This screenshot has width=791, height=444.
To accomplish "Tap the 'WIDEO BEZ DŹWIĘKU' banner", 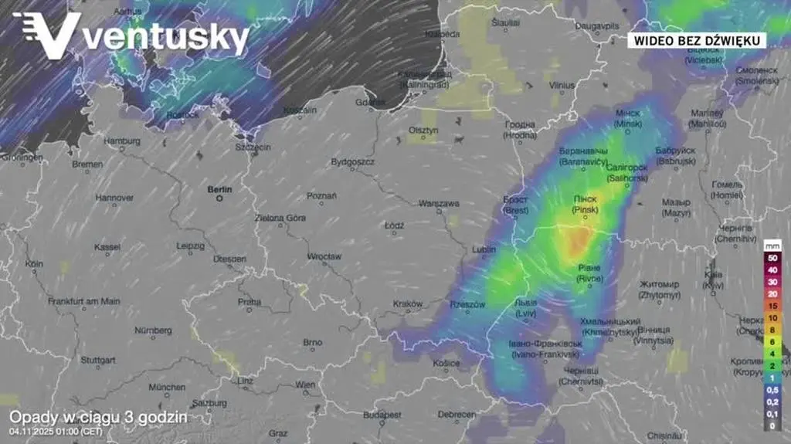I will [x=696, y=40].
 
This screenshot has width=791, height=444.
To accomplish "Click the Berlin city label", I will [x=219, y=188].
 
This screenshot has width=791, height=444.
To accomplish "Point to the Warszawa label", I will [x=439, y=204].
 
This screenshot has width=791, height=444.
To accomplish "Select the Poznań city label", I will [x=321, y=196].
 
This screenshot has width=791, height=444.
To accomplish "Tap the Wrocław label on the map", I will [x=324, y=256].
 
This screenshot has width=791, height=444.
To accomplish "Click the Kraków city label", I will [x=407, y=303].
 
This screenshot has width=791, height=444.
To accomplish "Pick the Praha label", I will [x=250, y=302].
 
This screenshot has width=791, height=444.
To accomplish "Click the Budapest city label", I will [x=383, y=415].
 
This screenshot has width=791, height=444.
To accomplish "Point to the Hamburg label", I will [x=122, y=141].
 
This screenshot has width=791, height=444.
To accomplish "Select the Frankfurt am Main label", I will [x=83, y=301].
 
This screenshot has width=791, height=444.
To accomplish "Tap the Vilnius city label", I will [x=562, y=85].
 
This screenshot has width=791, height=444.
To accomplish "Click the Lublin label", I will [x=484, y=249].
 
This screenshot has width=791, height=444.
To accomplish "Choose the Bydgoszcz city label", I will [x=352, y=162].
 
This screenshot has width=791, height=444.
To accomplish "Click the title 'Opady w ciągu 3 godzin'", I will [x=98, y=417].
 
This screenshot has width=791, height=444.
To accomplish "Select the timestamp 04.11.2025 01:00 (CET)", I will [x=56, y=431].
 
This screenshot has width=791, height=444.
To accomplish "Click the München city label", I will [x=167, y=387].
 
